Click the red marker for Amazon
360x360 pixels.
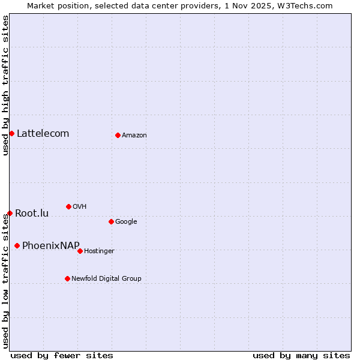point(118,135)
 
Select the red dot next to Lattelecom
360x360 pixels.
point(11,133)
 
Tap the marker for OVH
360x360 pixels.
point(68,206)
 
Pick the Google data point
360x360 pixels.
point(111,221)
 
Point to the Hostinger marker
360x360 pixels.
point(80,251)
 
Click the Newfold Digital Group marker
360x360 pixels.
point(67,278)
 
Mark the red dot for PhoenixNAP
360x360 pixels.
point(17,245)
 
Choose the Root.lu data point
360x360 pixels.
point(10,213)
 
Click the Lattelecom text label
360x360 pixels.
point(43,133)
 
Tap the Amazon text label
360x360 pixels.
point(134,135)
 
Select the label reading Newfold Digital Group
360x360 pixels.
point(106,278)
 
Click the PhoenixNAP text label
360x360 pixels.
point(50,245)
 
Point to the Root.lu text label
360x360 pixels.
point(32,213)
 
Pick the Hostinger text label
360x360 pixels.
point(99,251)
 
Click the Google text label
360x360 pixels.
point(126,221)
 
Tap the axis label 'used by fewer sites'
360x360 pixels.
point(62,355)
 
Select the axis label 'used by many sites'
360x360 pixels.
point(301,355)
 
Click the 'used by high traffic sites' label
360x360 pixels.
point(5,85)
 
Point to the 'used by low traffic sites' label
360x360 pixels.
point(5,281)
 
